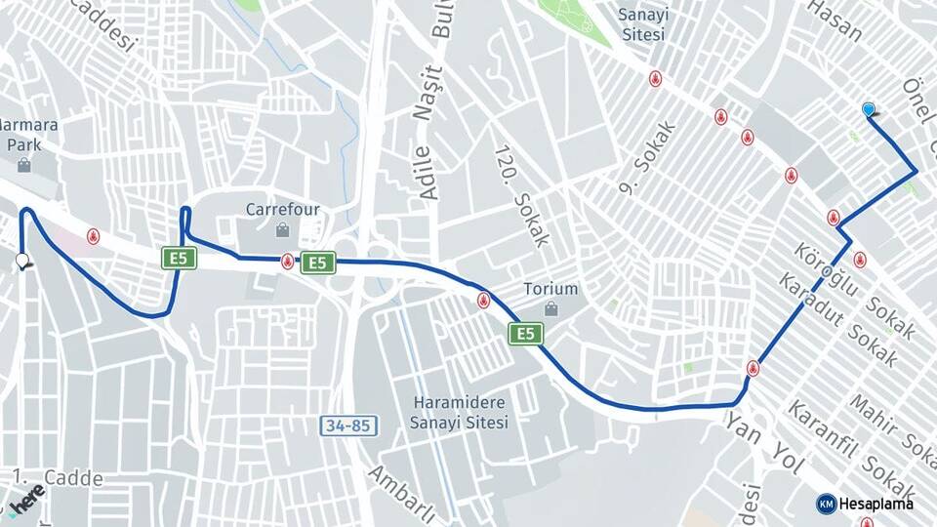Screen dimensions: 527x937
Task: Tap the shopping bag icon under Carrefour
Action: click(282, 230)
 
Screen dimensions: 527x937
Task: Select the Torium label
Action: click(550, 289)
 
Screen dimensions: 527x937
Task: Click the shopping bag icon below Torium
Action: click(550, 309)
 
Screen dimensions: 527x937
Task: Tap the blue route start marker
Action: click(869, 109)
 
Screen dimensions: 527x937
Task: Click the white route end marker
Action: click(21, 261)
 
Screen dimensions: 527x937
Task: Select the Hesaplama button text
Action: click(876, 504)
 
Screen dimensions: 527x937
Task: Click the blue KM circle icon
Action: click(826, 504)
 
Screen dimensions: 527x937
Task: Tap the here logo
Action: click(25, 500)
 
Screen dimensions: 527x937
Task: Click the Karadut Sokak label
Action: click(836, 319)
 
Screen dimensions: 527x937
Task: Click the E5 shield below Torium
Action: click(526, 334)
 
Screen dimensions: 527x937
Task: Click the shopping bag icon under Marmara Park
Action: click(23, 165)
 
